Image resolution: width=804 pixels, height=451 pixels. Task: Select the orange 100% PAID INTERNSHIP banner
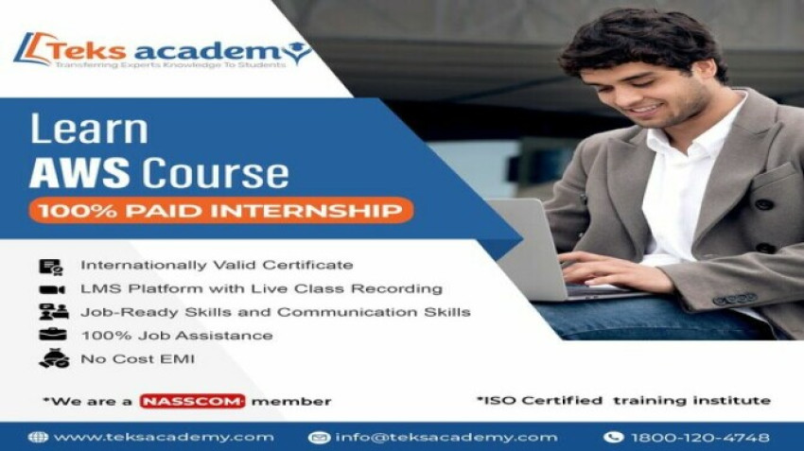[220, 209]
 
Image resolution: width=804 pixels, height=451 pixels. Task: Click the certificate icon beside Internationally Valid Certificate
[50, 267]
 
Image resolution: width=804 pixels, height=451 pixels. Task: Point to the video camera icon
[51, 289]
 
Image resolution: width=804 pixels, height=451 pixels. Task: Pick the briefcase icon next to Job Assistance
[51, 335]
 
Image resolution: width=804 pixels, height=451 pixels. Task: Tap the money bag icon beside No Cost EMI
[52, 358]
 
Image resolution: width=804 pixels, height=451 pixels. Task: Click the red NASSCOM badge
[192, 401]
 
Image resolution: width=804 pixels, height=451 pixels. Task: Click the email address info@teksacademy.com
[444, 437]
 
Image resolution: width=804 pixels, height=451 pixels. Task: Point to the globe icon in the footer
[38, 437]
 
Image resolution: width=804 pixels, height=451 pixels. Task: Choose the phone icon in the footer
[613, 437]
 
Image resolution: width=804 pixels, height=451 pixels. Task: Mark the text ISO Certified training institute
[623, 400]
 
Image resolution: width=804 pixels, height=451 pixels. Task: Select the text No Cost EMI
[138, 358]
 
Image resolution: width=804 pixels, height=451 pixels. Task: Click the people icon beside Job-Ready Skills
[53, 312]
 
